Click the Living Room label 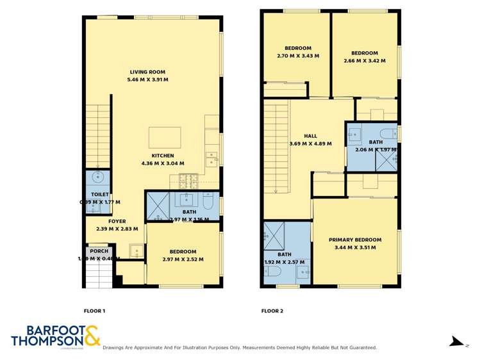(x=147, y=72)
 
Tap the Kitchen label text (x=163, y=156)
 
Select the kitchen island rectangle (x=165, y=137)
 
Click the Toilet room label (x=100, y=194)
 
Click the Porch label (x=99, y=251)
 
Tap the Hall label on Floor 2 (x=310, y=136)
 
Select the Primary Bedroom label (x=355, y=240)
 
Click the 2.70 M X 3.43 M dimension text (x=298, y=56)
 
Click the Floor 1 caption (x=94, y=311)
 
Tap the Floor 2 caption (x=272, y=311)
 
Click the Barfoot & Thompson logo (x=55, y=336)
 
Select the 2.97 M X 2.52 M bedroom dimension (x=183, y=259)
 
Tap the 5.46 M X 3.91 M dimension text (x=147, y=80)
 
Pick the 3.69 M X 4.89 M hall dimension (x=310, y=143)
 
